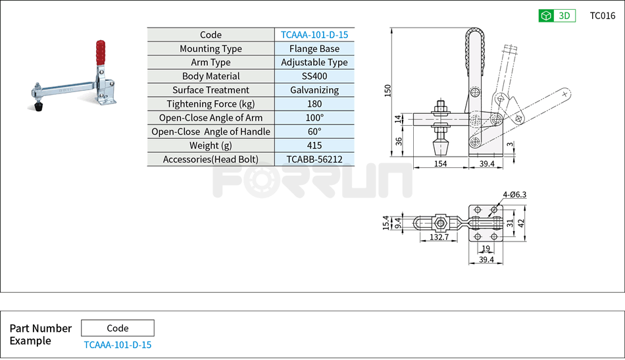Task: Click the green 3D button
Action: (x=557, y=16)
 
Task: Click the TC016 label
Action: (x=602, y=16)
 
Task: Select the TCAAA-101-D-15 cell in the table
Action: (x=314, y=35)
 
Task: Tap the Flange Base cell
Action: (x=314, y=49)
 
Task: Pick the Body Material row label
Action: (x=211, y=76)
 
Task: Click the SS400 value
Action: (x=314, y=76)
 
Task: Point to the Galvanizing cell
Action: (x=314, y=90)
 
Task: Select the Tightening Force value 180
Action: (x=314, y=104)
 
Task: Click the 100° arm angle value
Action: (x=314, y=118)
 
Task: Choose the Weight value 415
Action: (x=314, y=145)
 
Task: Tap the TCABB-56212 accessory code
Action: (x=314, y=159)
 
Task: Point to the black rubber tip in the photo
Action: (x=38, y=105)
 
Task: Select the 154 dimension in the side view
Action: (x=440, y=163)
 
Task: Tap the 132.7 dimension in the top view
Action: (x=439, y=236)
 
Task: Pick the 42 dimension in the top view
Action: (x=522, y=223)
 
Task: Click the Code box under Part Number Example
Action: (x=117, y=328)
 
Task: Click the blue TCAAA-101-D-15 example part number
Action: (x=117, y=345)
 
